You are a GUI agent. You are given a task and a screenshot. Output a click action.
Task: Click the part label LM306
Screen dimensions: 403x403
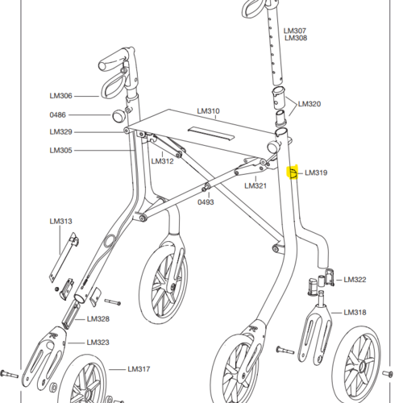60,96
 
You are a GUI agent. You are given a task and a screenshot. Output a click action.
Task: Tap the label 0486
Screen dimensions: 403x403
57,115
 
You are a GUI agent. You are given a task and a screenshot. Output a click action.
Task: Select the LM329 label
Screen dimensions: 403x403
60,132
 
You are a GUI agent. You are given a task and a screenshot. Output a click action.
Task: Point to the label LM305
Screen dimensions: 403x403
60,150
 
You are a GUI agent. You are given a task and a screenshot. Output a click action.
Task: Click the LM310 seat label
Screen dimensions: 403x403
208,111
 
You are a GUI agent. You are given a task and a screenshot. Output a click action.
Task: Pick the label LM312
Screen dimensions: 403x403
162,161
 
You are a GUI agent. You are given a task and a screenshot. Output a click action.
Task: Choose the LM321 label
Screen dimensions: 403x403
256,185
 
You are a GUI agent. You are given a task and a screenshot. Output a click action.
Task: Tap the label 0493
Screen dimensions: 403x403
206,202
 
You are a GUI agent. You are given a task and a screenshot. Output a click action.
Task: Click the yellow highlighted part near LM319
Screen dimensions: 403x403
293,172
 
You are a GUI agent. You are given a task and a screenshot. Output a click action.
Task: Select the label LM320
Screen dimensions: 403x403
310,104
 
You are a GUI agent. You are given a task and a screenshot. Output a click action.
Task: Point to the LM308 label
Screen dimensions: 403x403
296,38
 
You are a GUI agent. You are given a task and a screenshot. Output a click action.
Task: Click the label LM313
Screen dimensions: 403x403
60,222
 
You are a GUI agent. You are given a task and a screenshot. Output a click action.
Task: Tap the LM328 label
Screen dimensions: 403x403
98,319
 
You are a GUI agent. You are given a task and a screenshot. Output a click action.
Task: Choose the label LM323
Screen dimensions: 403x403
98,343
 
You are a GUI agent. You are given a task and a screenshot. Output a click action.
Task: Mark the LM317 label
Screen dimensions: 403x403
139,369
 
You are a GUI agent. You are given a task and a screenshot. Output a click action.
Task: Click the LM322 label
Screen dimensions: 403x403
355,280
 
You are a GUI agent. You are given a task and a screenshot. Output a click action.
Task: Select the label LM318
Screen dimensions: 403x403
355,313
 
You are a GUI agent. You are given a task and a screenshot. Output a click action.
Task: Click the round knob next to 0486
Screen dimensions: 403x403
118,115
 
